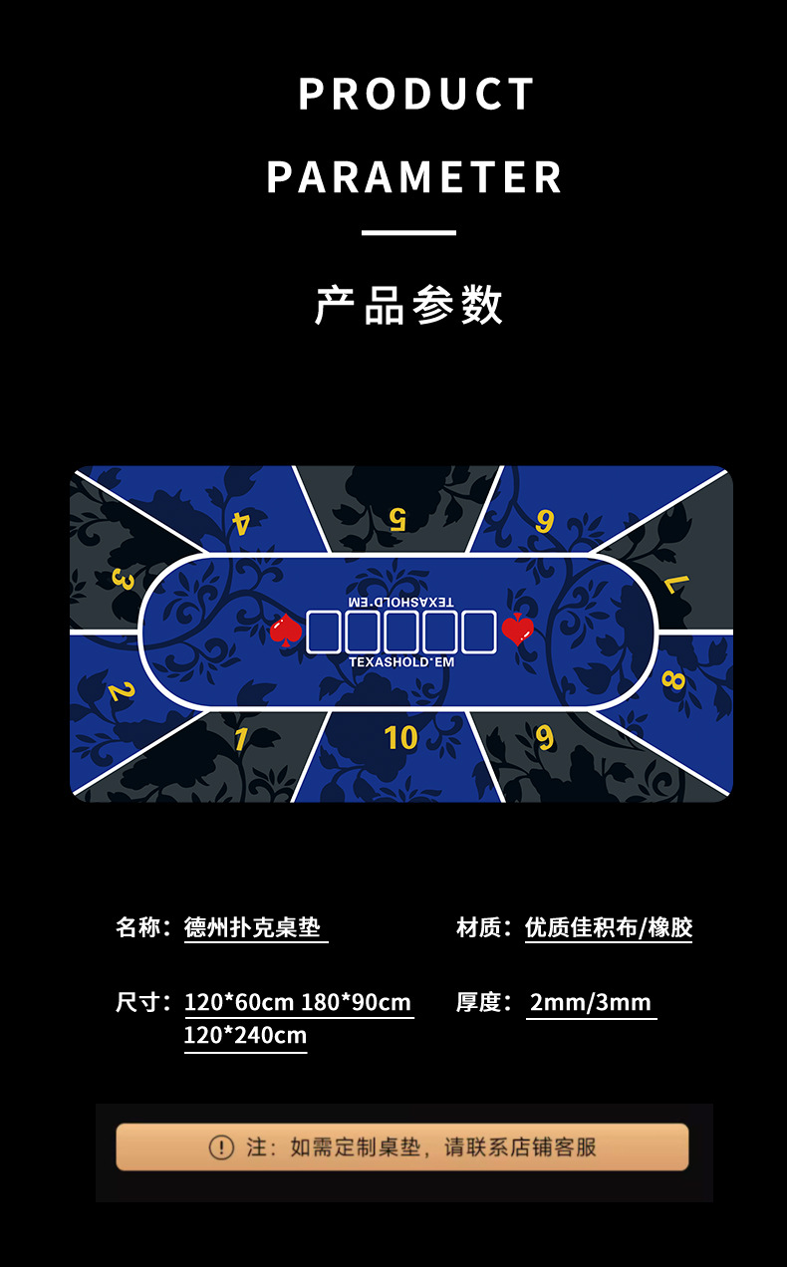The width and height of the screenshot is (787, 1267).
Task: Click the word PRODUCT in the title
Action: [416, 95]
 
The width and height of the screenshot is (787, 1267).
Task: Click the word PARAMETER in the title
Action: [414, 177]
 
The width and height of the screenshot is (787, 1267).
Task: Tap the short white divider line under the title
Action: [408, 233]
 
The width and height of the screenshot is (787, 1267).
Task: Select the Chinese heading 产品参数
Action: [408, 305]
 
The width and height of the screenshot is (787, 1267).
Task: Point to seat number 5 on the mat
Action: [397, 519]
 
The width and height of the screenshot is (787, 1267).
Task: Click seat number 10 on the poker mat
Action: [400, 737]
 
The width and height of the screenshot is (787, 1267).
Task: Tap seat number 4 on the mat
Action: [241, 523]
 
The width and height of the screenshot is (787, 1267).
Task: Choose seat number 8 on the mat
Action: [673, 680]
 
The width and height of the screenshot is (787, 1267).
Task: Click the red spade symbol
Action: [286, 630]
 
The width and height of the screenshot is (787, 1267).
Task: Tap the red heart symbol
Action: [517, 630]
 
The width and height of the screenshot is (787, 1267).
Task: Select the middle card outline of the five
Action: [400, 633]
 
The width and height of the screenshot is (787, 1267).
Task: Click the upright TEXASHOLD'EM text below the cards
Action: [401, 662]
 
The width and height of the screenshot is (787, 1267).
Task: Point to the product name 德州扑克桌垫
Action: [253, 927]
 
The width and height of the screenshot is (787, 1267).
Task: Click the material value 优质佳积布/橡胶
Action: [608, 927]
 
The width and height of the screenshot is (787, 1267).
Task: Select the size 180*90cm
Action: [356, 1002]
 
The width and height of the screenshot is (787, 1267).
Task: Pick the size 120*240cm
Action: [245, 1035]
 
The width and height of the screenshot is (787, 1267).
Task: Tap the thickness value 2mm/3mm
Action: [591, 1002]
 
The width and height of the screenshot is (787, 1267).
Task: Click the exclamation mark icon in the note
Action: [221, 1147]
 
